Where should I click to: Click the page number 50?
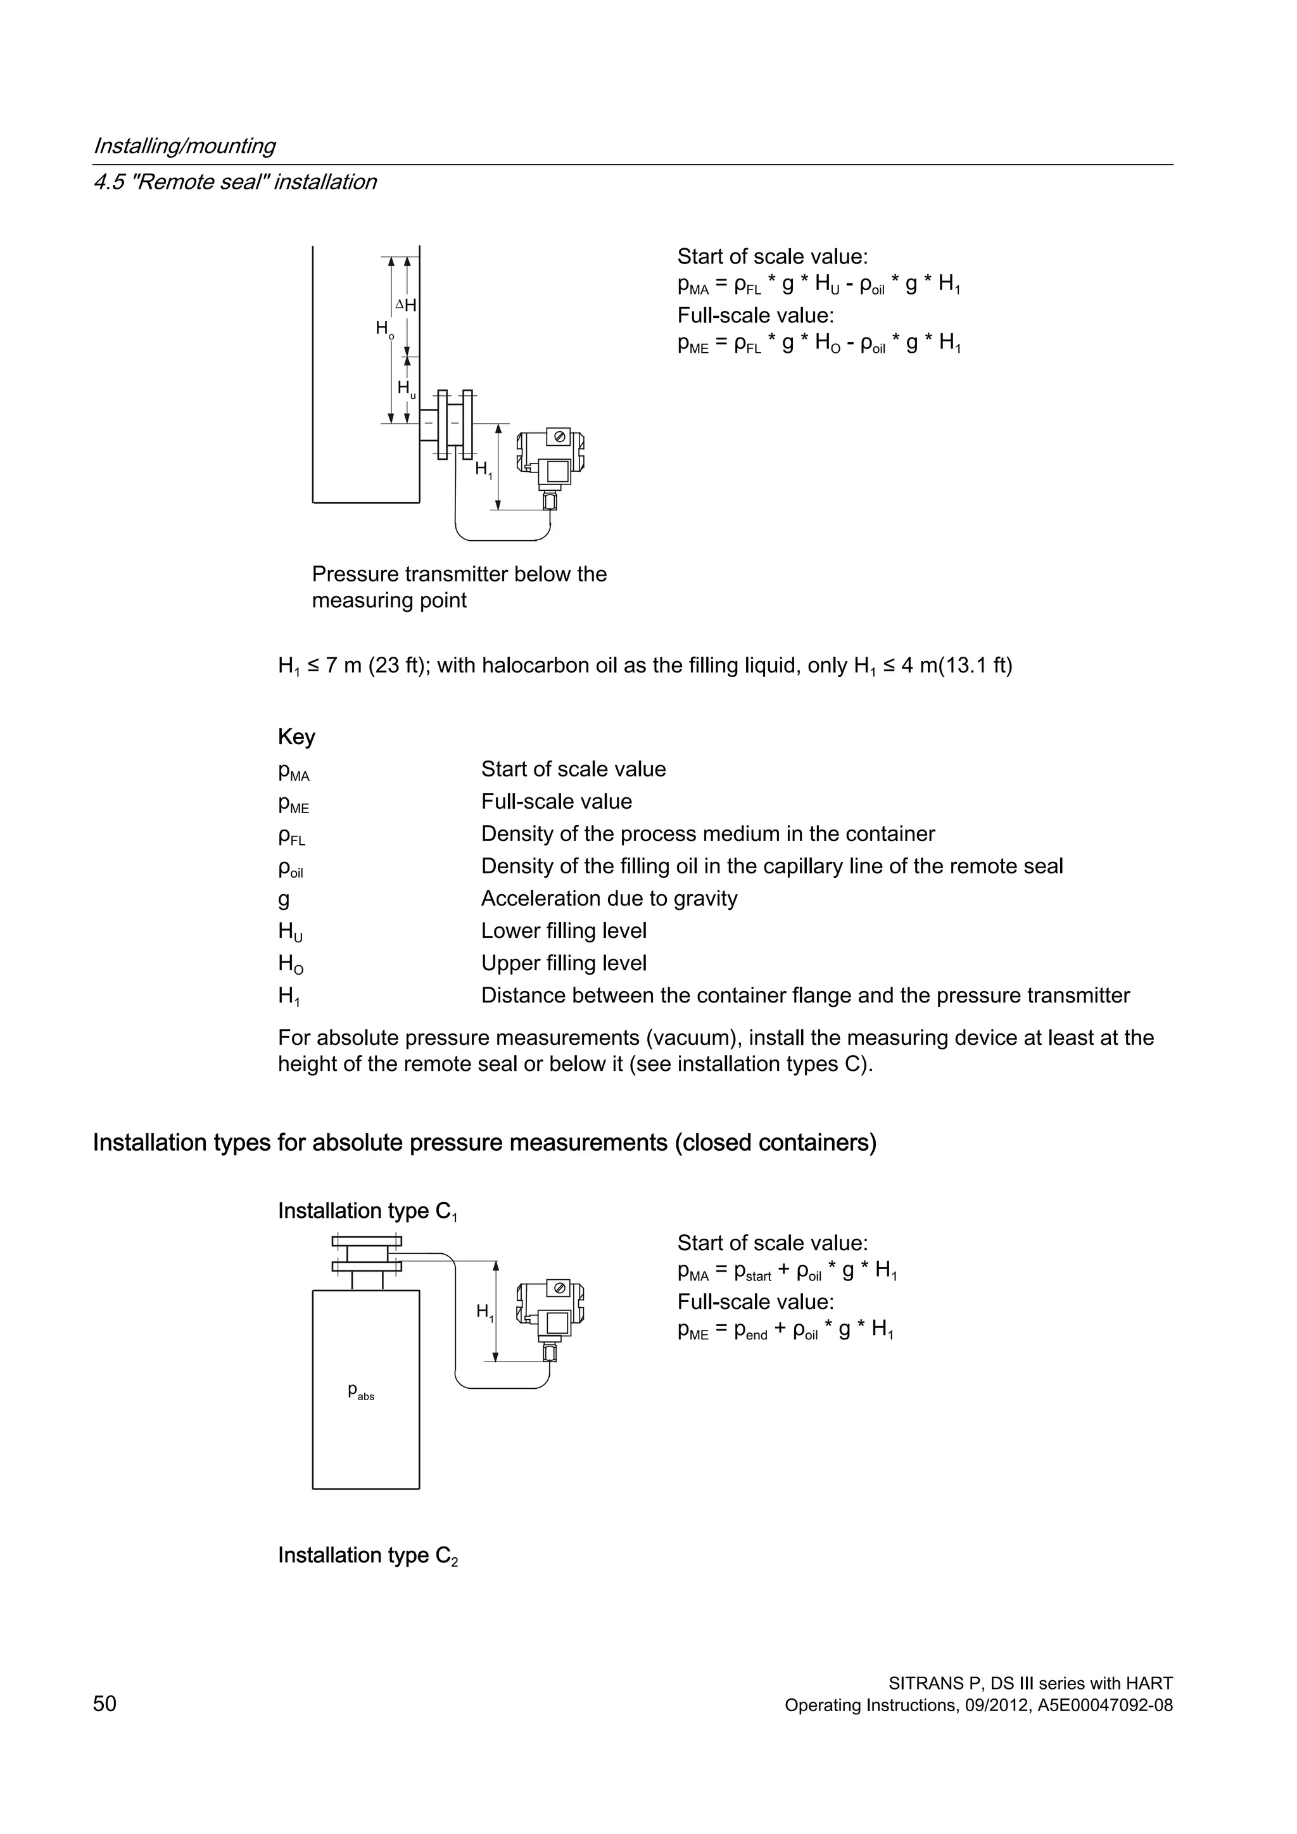(x=104, y=1704)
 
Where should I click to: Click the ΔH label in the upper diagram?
(x=407, y=305)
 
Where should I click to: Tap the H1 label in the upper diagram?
(x=484, y=470)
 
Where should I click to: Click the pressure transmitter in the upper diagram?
(x=551, y=467)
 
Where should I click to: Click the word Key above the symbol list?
(x=296, y=737)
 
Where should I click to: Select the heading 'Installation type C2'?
(x=367, y=1556)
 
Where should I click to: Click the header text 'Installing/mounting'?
(x=184, y=146)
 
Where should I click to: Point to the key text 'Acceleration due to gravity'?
(x=609, y=899)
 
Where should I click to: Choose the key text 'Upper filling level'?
(x=563, y=963)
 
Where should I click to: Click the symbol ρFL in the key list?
(x=291, y=835)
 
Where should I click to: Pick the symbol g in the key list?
(x=284, y=899)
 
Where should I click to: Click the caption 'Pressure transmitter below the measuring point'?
(x=459, y=587)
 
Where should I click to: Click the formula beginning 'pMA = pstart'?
(x=787, y=1271)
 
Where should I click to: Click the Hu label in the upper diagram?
(x=407, y=389)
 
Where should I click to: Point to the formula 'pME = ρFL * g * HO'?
(x=819, y=343)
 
